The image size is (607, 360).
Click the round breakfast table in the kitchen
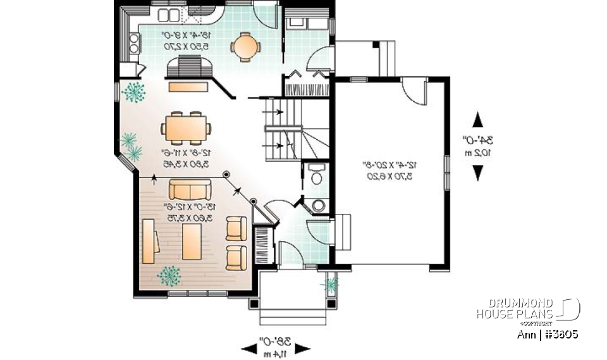[244, 45]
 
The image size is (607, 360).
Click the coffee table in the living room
[192, 241]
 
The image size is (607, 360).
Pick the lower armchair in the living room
[237, 256]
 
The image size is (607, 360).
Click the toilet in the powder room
[316, 175]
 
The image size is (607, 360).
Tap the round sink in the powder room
[319, 205]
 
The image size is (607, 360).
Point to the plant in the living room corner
[169, 275]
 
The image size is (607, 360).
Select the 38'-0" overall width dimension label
[276, 347]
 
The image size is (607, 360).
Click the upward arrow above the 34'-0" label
[477, 120]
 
